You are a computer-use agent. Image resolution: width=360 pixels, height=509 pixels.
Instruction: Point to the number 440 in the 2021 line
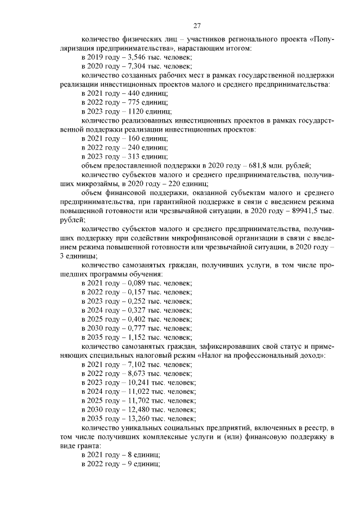pos(134,93)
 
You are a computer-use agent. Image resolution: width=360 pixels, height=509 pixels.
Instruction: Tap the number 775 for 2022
pos(134,102)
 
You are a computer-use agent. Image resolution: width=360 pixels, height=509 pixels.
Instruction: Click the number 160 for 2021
pos(134,138)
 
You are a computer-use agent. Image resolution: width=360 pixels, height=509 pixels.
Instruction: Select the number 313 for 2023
pos(134,156)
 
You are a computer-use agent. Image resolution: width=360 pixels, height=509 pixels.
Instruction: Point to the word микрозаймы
pos(99,183)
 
